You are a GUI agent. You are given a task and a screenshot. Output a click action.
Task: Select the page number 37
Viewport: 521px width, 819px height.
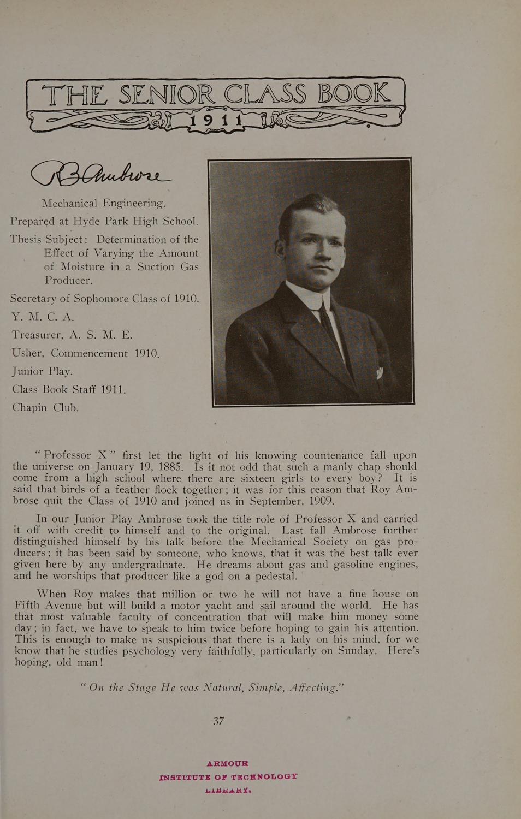[219, 721]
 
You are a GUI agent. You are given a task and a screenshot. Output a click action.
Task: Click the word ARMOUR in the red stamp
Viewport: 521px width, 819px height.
[227, 763]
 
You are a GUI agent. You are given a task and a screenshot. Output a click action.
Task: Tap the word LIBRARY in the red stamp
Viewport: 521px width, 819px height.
[228, 789]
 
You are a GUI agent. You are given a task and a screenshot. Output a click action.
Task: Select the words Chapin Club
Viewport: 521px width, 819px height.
[46, 407]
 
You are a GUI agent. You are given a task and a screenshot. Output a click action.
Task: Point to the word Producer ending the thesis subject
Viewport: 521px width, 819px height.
[69, 280]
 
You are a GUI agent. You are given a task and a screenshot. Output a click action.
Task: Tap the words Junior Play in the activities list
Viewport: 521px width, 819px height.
[42, 371]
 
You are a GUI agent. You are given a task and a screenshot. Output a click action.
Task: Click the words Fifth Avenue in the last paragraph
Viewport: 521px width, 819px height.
[48, 606]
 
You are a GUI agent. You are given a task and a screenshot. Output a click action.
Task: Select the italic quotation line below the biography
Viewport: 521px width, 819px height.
[212, 687]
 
